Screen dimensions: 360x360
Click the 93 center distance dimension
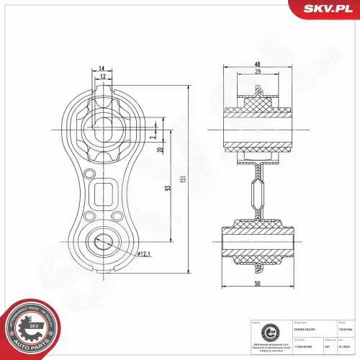point(167,188)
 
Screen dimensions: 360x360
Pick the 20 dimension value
point(160,149)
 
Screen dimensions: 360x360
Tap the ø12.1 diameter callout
point(143,254)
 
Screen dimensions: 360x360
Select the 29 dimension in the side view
point(257,73)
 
